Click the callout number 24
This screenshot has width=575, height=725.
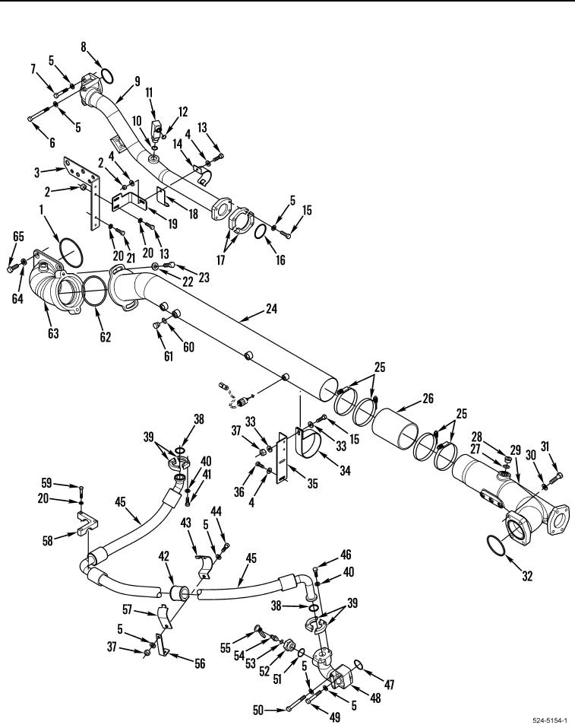tap(271, 308)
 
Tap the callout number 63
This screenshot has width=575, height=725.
tap(53, 332)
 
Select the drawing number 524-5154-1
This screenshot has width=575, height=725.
tap(550, 720)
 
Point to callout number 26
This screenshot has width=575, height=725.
tap(428, 398)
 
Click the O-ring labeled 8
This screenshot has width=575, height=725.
tap(106, 76)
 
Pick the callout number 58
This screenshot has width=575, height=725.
tap(48, 540)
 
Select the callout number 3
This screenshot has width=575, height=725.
tap(37, 173)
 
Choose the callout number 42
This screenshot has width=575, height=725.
tap(164, 556)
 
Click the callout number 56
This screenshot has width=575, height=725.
tap(199, 663)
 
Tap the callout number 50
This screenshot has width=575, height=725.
tap(259, 709)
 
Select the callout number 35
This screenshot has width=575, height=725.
tap(312, 484)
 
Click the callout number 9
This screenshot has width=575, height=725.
tap(137, 81)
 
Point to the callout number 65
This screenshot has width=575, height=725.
tap(18, 237)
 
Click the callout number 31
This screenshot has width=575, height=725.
tap(545, 447)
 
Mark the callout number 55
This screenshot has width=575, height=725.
tap(225, 648)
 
